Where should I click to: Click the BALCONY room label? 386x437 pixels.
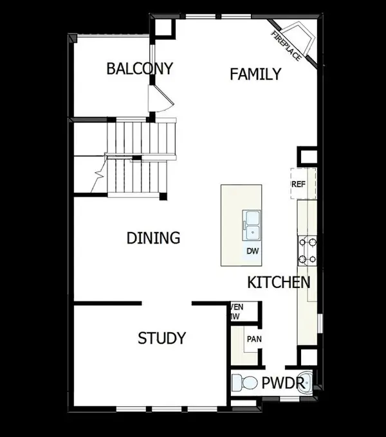click(140, 69)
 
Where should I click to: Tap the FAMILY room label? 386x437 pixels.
click(255, 75)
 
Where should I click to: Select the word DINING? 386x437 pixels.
click(152, 238)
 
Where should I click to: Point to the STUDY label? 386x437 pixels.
click(162, 338)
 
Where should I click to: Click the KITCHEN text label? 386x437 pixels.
click(279, 282)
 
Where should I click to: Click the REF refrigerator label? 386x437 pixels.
click(298, 184)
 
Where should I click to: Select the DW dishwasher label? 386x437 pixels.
click(252, 251)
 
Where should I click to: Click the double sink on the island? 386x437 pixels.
click(252, 226)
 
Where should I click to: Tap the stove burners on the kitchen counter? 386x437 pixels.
click(307, 250)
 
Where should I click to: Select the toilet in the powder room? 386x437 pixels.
click(242, 384)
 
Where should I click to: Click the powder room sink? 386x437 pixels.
click(309, 383)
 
